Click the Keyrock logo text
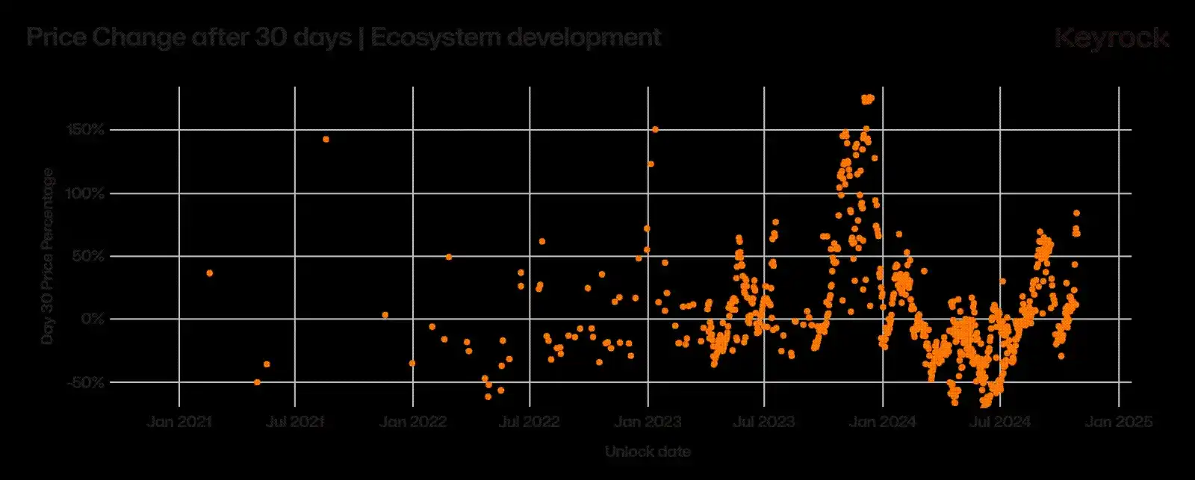1111,37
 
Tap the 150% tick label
87,130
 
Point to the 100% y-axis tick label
87,193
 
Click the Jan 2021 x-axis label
179,422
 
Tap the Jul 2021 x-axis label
295,422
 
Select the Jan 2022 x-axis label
413,422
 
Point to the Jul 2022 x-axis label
530,422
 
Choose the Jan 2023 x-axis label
648,422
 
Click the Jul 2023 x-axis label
764,422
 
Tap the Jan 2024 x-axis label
883,422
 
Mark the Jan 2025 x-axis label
1118,422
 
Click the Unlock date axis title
648,452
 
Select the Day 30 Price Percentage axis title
48,256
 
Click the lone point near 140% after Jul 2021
326,139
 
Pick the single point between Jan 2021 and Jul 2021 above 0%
209,273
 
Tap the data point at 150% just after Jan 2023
655,129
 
